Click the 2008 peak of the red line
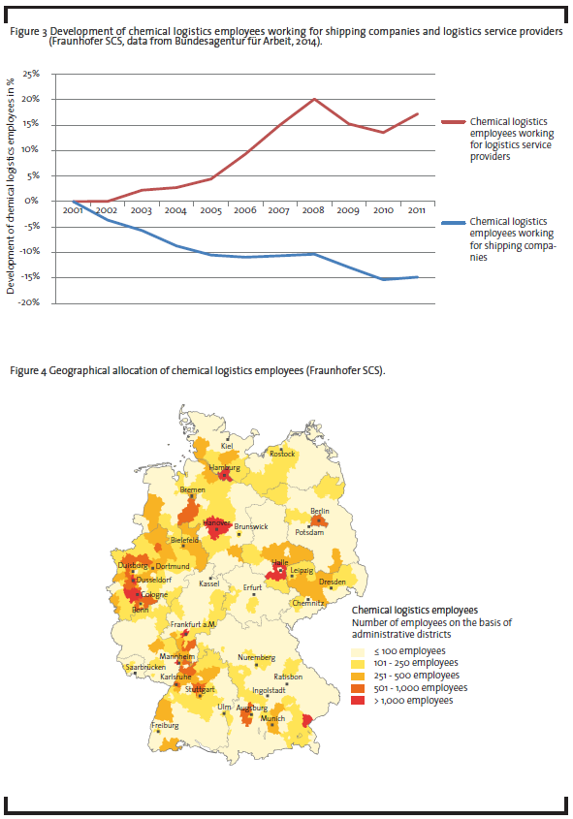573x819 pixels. (x=314, y=99)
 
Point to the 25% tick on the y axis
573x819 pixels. (x=31, y=74)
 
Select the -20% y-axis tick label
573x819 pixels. (x=29, y=302)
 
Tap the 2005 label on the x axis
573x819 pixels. (x=211, y=210)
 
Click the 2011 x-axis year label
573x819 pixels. (x=416, y=210)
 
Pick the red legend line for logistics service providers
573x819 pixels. (x=454, y=122)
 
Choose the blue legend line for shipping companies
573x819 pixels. (x=454, y=223)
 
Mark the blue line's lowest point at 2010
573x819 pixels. (x=384, y=279)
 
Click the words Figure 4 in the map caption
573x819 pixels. (x=28, y=371)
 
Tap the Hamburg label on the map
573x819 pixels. (x=225, y=467)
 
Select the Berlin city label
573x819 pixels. (x=320, y=511)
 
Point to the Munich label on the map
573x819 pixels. (x=272, y=718)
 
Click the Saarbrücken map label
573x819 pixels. (x=145, y=667)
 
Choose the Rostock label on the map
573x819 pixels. (x=282, y=454)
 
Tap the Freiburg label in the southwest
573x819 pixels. (x=165, y=726)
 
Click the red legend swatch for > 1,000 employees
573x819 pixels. (x=358, y=701)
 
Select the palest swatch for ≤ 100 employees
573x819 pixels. (x=358, y=651)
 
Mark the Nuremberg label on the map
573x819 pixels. (x=257, y=657)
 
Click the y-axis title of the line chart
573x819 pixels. (x=11, y=186)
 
